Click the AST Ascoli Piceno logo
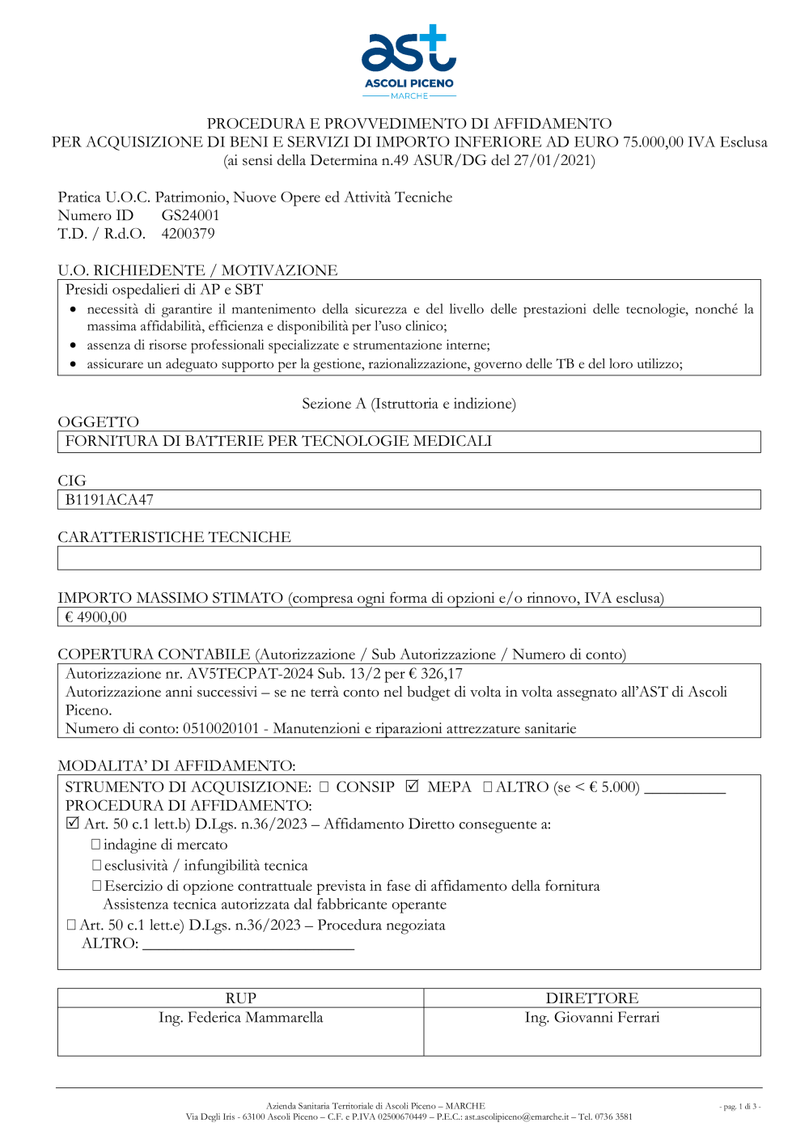[409, 61]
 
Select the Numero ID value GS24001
[190, 215]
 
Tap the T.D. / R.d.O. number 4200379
[188, 234]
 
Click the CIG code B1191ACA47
[109, 500]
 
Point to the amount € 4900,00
[96, 617]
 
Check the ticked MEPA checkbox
[413, 786]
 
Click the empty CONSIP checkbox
[324, 786]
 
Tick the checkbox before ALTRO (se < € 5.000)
[488, 786]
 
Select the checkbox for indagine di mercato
[96, 845]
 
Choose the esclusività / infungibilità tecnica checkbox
[96, 866]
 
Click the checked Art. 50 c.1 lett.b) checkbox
[73, 824]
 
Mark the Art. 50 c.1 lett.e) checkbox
[71, 925]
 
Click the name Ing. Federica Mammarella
[240, 1018]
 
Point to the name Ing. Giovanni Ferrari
[591, 1018]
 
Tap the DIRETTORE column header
[591, 998]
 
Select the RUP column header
[240, 998]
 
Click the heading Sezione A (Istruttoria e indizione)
[409, 404]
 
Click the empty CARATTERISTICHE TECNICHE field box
[409, 558]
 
